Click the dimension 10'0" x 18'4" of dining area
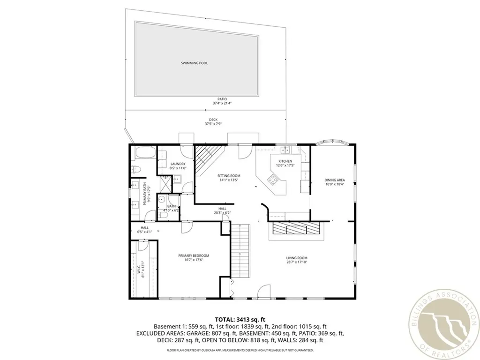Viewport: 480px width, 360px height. (x=334, y=184)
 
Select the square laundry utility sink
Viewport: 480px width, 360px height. (x=178, y=179)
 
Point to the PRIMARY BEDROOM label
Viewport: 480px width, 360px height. (x=193, y=255)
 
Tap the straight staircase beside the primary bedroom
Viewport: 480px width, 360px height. (x=240, y=249)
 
